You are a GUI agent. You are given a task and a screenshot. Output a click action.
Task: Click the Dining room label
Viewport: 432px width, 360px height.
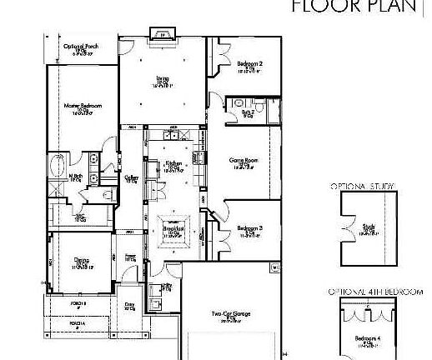tap(81, 260)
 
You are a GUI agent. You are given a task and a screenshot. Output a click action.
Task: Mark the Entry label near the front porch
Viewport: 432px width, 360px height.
tap(129, 306)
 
